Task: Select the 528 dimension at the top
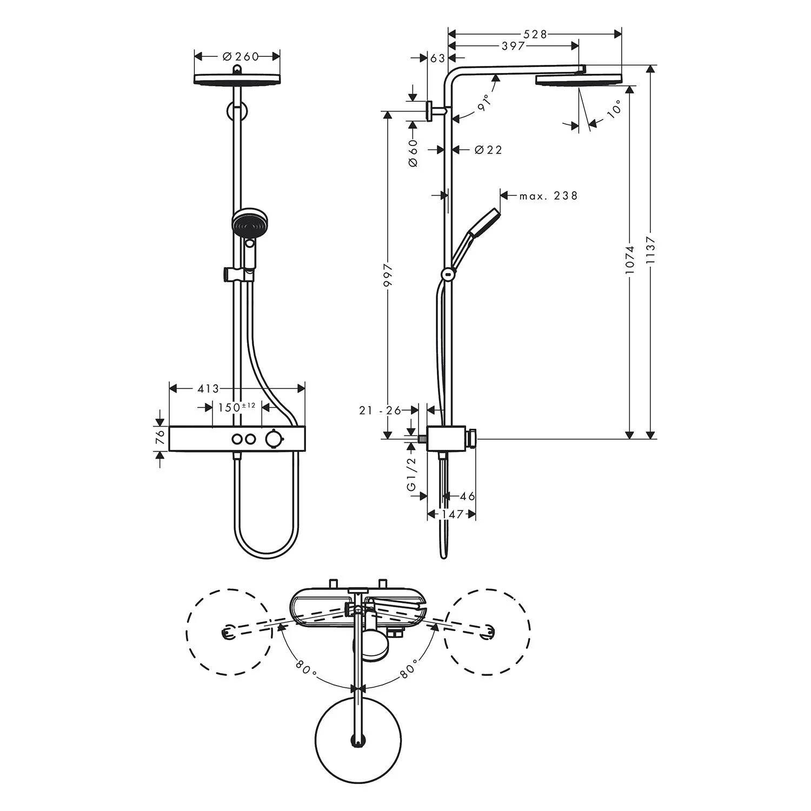pos(536,35)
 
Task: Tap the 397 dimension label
pos(513,46)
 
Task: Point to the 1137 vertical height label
pos(650,251)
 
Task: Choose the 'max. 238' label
pos(548,196)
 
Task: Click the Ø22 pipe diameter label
pos(488,150)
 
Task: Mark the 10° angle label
pos(614,110)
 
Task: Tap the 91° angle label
pos(484,102)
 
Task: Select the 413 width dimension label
pos(208,389)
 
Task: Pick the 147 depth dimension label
pos(452,514)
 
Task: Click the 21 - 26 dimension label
pos(380,410)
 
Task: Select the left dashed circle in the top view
pos(229,631)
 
